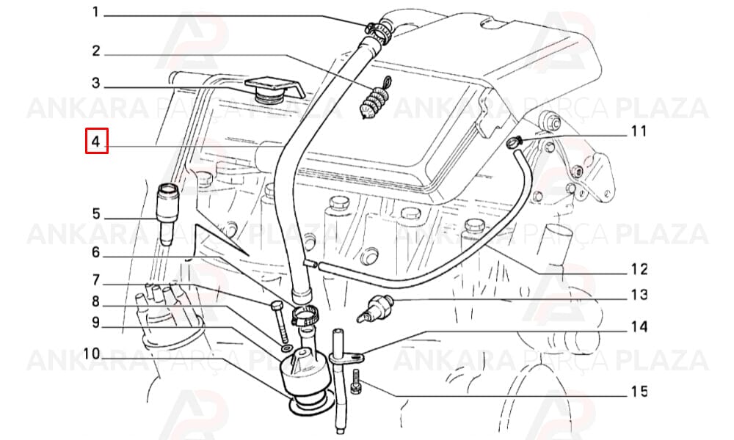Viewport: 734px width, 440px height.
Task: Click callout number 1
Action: [x=95, y=12]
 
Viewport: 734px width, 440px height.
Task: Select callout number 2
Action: [x=96, y=51]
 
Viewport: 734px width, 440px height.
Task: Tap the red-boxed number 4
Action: [x=96, y=141]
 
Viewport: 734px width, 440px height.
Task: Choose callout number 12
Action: [x=639, y=270]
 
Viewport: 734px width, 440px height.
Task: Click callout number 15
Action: [x=639, y=391]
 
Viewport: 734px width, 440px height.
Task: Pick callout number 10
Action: [x=92, y=353]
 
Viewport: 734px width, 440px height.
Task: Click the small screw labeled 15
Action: [x=355, y=381]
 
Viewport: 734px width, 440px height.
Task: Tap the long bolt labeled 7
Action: [x=278, y=322]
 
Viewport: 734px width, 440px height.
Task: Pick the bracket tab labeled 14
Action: [x=347, y=359]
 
